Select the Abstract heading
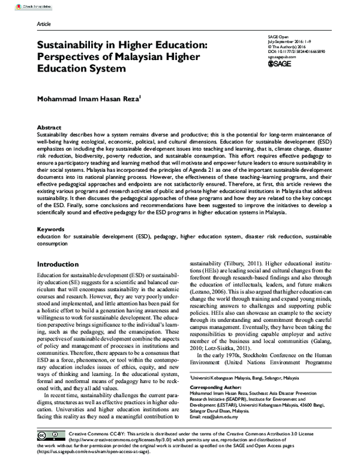49,129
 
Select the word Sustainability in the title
77,44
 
